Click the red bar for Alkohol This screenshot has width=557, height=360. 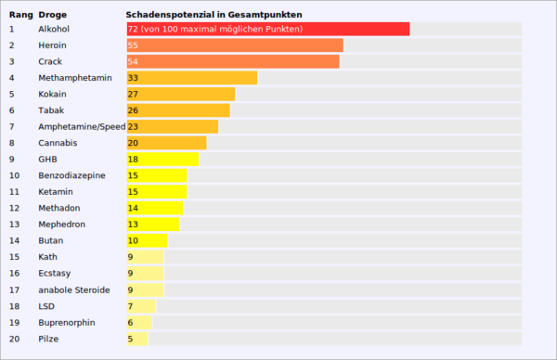[x=267, y=30]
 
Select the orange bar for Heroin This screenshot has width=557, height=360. [x=234, y=45]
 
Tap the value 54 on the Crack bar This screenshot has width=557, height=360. [x=133, y=62]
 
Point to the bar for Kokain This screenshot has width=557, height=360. [x=180, y=95]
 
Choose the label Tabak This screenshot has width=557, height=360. [x=50, y=110]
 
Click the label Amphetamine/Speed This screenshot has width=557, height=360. [x=82, y=127]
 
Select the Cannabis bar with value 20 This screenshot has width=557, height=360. [x=166, y=143]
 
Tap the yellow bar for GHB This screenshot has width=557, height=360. [x=162, y=160]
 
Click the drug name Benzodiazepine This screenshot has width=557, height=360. [x=71, y=175]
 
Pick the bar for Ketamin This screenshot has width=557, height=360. [x=156, y=192]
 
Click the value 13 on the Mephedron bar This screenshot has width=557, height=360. [x=133, y=225]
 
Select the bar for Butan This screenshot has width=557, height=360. [x=146, y=240]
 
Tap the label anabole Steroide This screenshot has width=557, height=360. [x=74, y=289]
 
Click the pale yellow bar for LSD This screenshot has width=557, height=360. [x=141, y=306]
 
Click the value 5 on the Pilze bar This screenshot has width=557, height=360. [x=131, y=339]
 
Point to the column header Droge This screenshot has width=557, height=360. [x=53, y=15]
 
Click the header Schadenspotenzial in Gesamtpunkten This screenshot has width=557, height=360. [x=214, y=15]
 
